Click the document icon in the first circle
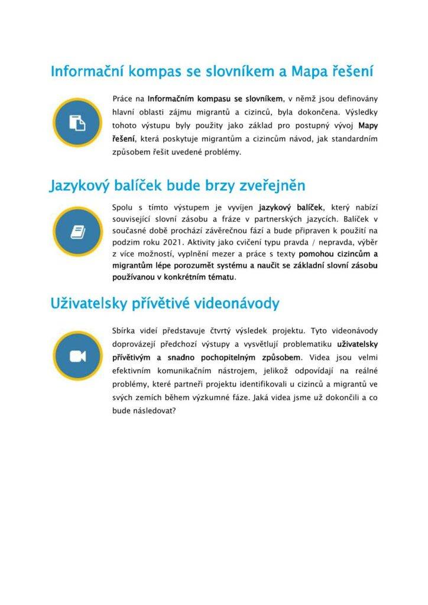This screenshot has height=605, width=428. [77, 123]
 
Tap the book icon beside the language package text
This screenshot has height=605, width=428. [77, 232]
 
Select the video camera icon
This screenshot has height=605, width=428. [77, 356]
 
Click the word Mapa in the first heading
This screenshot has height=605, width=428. [310, 71]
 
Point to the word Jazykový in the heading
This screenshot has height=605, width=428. [80, 186]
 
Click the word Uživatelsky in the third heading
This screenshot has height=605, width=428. [90, 304]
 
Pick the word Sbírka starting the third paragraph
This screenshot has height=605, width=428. [125, 330]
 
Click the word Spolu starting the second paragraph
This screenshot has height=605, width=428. [123, 207]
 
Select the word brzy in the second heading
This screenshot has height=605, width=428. [221, 186]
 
